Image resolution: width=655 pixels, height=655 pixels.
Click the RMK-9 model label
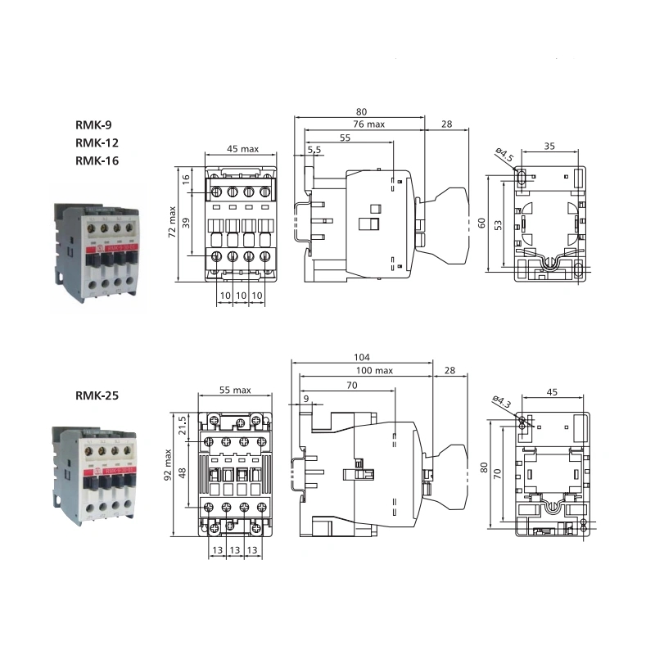click(x=93, y=125)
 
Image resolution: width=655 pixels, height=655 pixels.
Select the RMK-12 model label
click(x=97, y=143)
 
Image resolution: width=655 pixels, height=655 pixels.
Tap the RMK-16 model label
click(x=97, y=160)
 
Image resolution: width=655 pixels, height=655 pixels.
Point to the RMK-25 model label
click(x=97, y=395)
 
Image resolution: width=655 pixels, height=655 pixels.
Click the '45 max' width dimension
click(x=242, y=149)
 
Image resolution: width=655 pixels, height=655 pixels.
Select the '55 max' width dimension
click(x=235, y=391)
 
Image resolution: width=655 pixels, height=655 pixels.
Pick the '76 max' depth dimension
click(x=368, y=124)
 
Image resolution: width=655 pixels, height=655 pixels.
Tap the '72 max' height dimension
click(x=173, y=221)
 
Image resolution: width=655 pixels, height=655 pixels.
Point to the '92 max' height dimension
click(x=168, y=465)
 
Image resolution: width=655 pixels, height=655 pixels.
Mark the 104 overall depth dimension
click(x=363, y=357)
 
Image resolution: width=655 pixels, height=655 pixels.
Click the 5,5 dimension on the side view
click(x=314, y=150)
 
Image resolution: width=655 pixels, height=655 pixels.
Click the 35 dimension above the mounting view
click(x=549, y=147)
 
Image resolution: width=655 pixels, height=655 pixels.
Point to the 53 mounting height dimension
click(x=497, y=224)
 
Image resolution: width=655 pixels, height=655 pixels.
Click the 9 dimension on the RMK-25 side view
click(x=306, y=398)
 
